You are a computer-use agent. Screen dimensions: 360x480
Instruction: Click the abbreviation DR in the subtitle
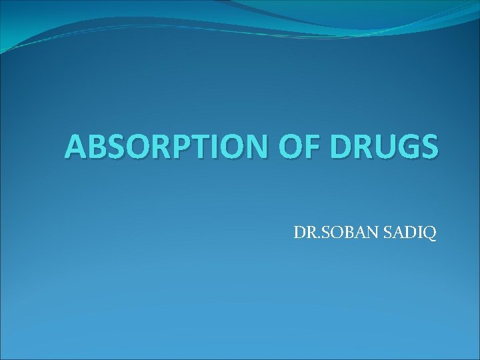point(301,234)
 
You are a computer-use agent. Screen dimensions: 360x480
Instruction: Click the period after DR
point(311,238)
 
